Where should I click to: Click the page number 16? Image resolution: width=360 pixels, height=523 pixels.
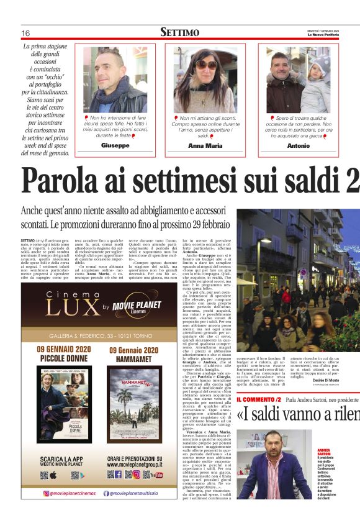[x=26, y=33]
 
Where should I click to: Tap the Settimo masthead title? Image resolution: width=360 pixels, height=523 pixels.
[x=179, y=32]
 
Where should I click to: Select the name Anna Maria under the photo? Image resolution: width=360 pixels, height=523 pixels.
[x=205, y=145]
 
